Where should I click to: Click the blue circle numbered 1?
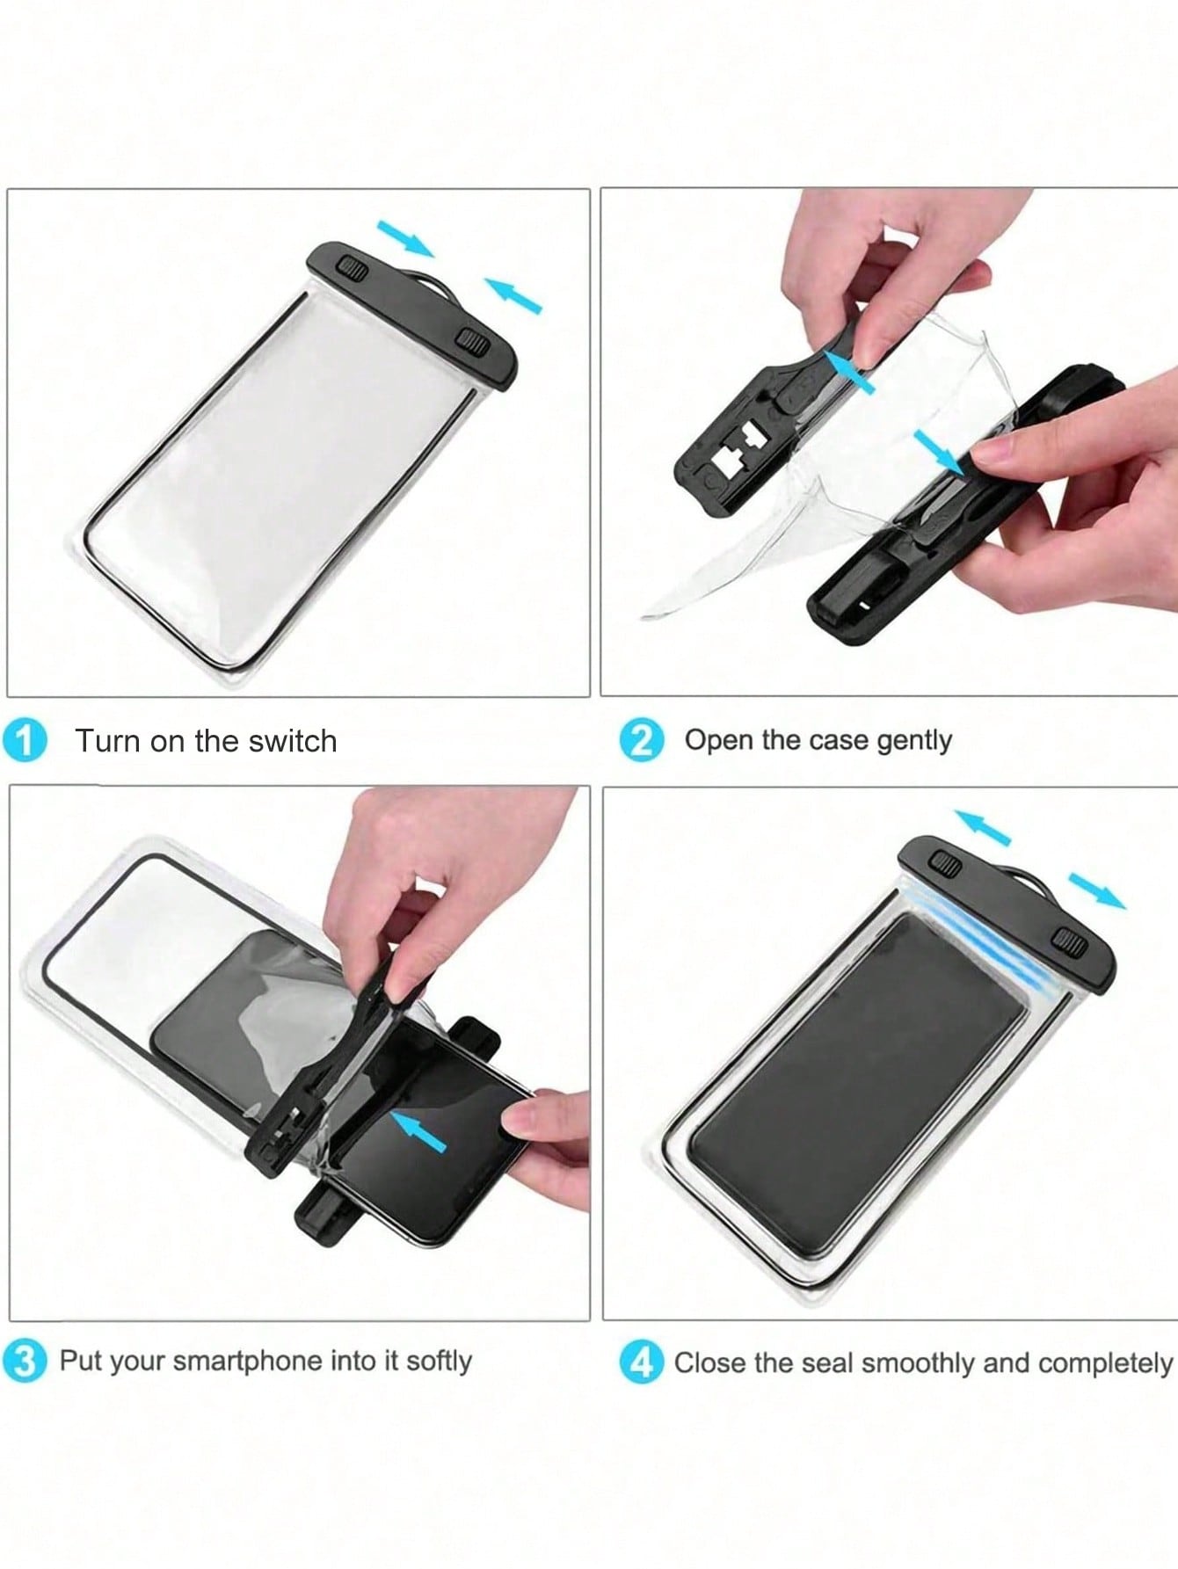pyautogui.click(x=24, y=742)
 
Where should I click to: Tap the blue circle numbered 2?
pyautogui.click(x=642, y=742)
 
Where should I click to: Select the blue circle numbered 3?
pyautogui.click(x=25, y=1362)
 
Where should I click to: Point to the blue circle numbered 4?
pyautogui.click(x=642, y=1363)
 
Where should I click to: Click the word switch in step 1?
pyautogui.click(x=293, y=741)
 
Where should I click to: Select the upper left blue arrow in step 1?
pyautogui.click(x=406, y=238)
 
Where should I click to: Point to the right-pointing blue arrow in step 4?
pyautogui.click(x=1097, y=890)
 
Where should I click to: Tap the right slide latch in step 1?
pyautogui.click(x=473, y=344)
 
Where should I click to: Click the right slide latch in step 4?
pyautogui.click(x=1072, y=945)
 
